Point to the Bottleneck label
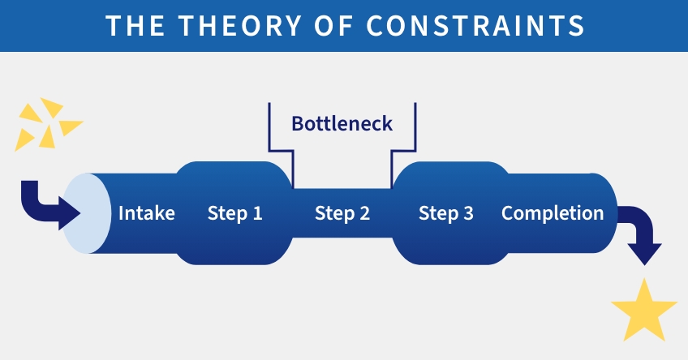[x=342, y=124]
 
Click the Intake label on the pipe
[x=147, y=214]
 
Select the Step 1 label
[x=234, y=214]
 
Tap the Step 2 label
[x=342, y=214]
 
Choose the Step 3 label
[x=445, y=214]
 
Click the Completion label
[x=553, y=214]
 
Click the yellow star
[x=643, y=311]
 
